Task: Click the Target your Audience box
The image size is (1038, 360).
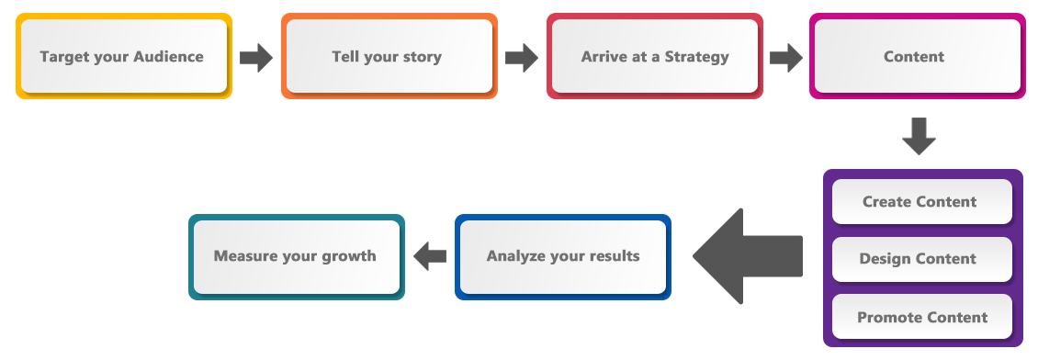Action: (x=123, y=56)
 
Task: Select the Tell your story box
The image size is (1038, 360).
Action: (x=388, y=56)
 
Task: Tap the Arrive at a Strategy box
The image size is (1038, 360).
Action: (x=654, y=56)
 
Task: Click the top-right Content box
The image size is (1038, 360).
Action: (x=915, y=56)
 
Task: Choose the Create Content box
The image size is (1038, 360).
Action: (x=920, y=201)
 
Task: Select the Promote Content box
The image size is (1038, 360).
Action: (x=920, y=317)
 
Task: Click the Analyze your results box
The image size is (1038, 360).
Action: (x=562, y=256)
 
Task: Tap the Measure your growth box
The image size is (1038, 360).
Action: (x=296, y=256)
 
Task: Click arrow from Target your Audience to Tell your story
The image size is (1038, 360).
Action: (x=256, y=57)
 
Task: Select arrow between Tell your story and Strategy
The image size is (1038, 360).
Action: (x=522, y=57)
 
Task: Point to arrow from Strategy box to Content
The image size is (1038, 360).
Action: (x=786, y=57)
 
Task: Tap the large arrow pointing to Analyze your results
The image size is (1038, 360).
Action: (x=748, y=256)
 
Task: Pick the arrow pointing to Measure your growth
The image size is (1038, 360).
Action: (x=430, y=256)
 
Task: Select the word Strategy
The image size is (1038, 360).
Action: (x=696, y=56)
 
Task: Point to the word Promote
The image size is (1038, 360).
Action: (x=889, y=317)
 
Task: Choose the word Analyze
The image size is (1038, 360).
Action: (x=516, y=256)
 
